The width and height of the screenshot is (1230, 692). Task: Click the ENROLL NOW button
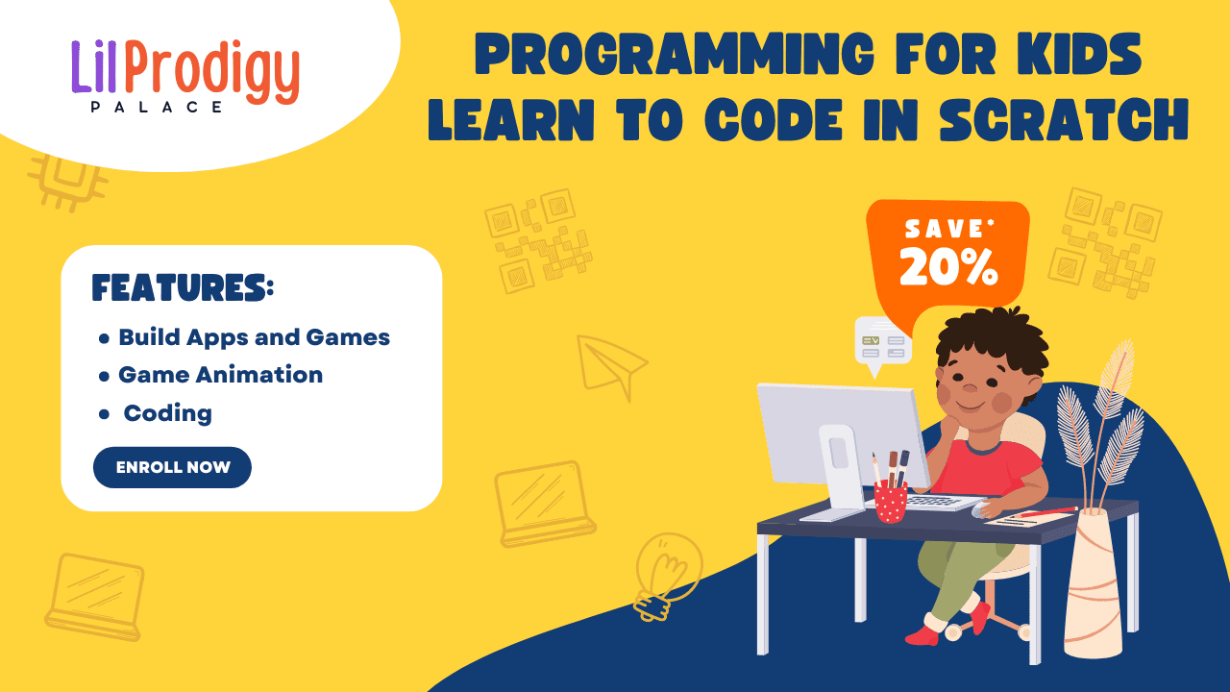point(172,467)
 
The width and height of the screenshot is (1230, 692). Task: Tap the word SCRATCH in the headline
point(1064,120)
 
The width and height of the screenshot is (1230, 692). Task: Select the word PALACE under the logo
point(157,107)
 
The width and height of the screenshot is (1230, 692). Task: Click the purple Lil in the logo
point(94,66)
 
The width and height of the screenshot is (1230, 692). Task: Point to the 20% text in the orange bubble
point(948,266)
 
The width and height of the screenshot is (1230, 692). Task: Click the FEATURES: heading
point(183,287)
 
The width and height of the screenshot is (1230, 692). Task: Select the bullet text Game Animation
point(220,375)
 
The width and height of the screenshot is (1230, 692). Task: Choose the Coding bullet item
point(167,413)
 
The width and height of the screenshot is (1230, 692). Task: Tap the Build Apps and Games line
point(255,337)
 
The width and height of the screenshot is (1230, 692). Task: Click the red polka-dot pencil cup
point(891,502)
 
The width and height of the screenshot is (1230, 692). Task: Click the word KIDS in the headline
point(1079,53)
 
